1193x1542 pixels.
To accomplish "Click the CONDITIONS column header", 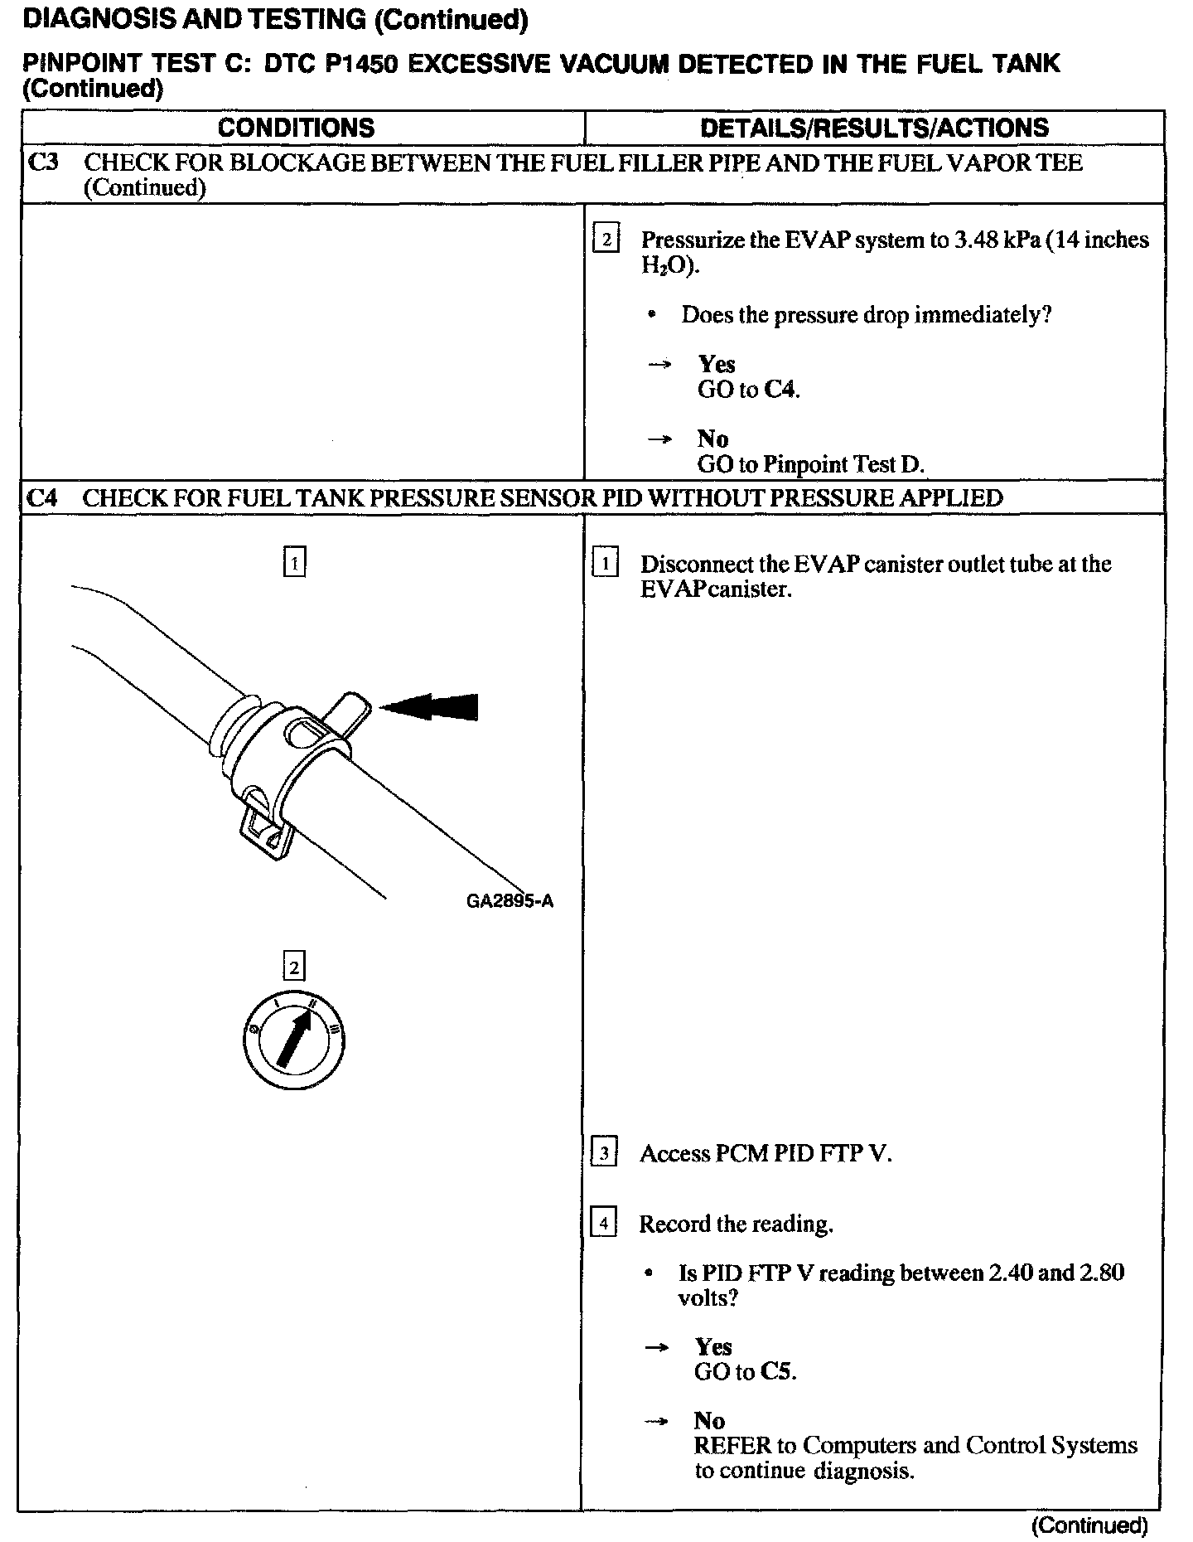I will point(296,128).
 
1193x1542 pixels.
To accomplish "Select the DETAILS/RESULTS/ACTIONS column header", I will point(874,128).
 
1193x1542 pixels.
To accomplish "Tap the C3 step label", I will point(43,162).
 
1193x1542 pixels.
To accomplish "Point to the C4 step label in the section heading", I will point(42,497).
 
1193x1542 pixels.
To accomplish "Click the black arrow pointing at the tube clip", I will point(430,706).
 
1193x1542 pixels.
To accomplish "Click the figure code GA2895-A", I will point(510,901).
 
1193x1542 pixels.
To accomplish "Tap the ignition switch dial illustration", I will point(294,1040).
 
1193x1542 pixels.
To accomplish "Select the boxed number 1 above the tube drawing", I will point(294,563).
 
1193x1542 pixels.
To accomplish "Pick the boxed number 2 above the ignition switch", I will point(294,967).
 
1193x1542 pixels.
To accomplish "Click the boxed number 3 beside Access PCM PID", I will point(604,1153).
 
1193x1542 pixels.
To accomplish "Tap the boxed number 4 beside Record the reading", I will point(604,1223).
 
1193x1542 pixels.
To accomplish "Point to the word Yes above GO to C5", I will point(712,1347).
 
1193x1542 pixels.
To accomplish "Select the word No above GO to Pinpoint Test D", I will point(712,439).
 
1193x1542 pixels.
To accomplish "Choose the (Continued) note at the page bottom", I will point(1090,1525).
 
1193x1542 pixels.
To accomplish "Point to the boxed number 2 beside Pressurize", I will point(606,240).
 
